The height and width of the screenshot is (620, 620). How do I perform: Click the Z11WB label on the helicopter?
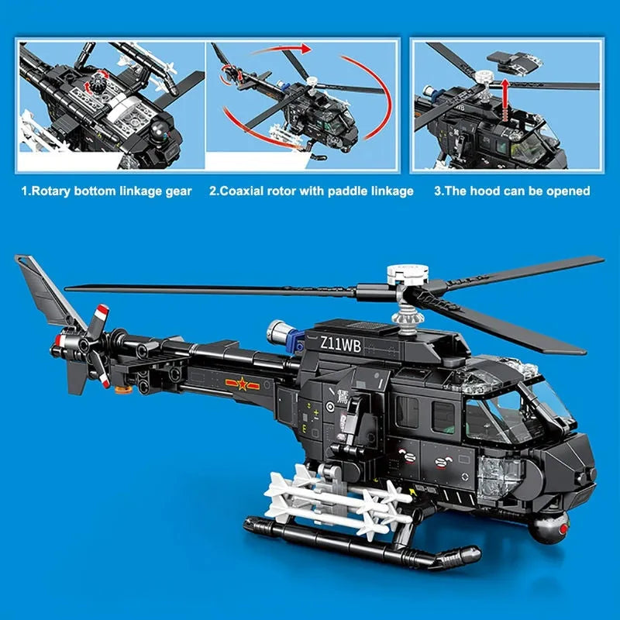point(341,345)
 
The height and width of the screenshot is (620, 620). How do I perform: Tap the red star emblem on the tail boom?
point(242,384)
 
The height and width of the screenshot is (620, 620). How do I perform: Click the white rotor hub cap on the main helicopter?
point(408,274)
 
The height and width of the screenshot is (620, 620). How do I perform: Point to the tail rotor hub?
point(84,345)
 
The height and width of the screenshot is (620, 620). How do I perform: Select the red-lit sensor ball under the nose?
point(551,529)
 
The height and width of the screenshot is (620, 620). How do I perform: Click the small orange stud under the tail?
point(123,390)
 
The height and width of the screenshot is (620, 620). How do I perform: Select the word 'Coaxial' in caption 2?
point(242,191)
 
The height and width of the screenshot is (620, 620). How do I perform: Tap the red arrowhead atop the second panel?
point(304,49)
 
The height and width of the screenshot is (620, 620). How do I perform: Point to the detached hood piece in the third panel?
point(515,62)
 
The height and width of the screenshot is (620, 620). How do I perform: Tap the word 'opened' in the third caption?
point(568,192)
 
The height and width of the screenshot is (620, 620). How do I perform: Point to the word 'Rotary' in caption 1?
point(51,192)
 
